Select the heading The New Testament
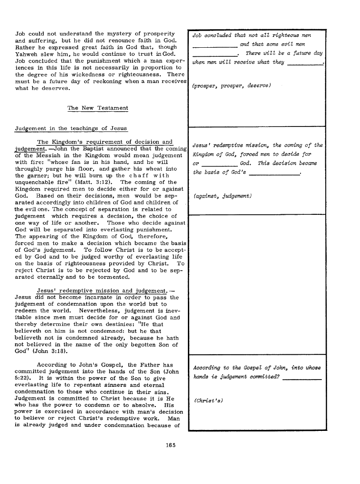[x=97, y=108]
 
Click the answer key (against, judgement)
[x=222, y=196]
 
